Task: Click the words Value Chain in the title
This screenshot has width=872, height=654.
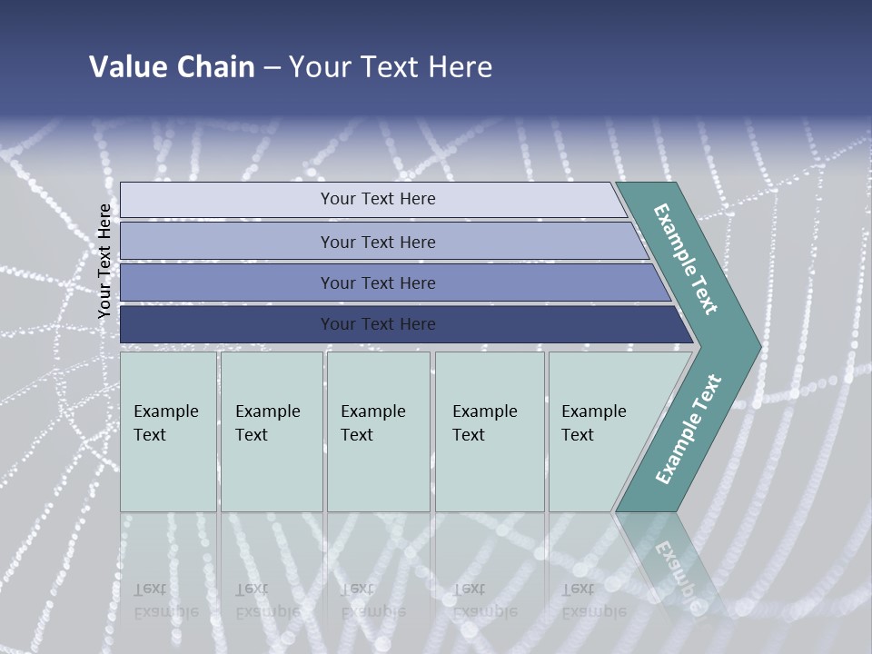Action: point(172,66)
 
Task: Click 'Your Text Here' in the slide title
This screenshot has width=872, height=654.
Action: point(390,66)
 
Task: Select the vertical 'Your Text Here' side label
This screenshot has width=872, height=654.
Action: point(104,261)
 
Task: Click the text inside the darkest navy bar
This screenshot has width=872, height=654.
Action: point(378,324)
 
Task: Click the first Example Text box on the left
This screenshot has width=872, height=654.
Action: point(168,431)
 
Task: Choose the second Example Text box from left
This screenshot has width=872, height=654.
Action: point(271,431)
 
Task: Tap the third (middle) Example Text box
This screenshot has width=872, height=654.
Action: point(378,431)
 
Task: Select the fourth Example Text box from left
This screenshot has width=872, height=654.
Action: point(489,431)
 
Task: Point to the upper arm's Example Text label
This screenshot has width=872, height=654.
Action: point(686,259)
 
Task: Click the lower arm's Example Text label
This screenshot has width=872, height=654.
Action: point(688,430)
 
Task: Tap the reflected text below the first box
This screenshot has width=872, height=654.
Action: point(165,600)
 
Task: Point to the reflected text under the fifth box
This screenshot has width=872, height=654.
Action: point(593,600)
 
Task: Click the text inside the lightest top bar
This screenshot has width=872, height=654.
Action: point(378,199)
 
